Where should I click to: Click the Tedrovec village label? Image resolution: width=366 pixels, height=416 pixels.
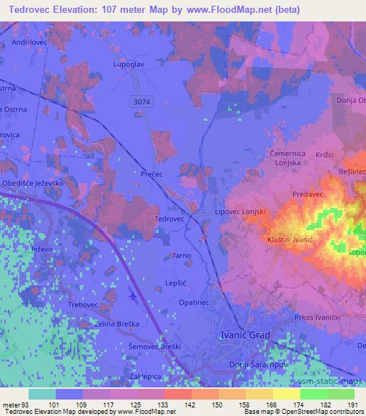pos(170,219)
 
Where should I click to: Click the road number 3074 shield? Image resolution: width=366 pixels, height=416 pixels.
pos(142,103)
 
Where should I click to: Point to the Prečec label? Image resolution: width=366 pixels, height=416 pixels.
pos(154,173)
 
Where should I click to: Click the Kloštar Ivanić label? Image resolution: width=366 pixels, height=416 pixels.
pos(291,242)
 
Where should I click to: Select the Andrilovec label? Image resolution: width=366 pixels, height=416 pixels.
pos(29,43)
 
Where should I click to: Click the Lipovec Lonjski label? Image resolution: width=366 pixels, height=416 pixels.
pos(241,212)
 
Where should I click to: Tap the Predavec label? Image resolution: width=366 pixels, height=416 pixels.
pos(310,194)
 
